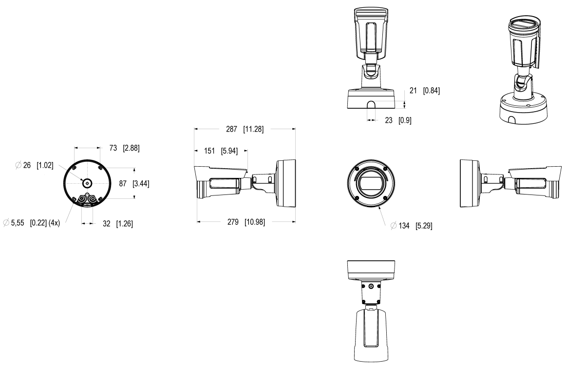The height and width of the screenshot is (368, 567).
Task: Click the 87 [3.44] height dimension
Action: coord(134,184)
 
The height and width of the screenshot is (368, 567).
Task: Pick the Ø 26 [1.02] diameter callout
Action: coord(35,166)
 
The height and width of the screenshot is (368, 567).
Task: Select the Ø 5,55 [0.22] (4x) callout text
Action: coord(31,223)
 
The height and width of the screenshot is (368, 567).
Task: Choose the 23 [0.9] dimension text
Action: coord(397,120)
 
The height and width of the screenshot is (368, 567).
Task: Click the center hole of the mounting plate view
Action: coord(87,183)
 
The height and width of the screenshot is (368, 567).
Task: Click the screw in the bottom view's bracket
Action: coord(372,287)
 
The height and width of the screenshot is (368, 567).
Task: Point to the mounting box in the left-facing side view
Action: coord(471,184)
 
